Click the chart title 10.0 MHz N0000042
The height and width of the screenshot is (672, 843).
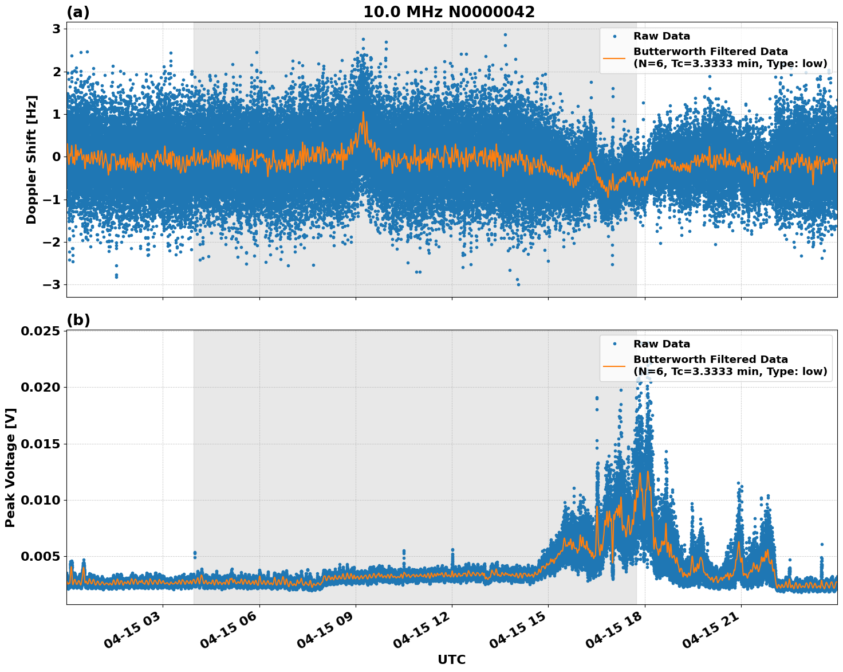[449, 12]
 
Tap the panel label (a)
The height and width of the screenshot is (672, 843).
[78, 12]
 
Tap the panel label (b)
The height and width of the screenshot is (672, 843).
[78, 320]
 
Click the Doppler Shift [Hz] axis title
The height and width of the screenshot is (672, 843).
[31, 159]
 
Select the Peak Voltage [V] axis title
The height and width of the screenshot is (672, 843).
[10, 467]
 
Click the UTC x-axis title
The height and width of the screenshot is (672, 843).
[451, 659]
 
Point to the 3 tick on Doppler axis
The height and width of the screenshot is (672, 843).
[56, 29]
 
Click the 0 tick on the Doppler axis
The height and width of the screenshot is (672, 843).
[56, 157]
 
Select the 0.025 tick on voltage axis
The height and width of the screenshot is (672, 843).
[41, 331]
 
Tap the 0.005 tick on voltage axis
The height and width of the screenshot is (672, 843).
[41, 557]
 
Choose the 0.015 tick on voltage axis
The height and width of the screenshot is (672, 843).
[41, 444]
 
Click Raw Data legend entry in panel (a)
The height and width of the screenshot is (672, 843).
[661, 37]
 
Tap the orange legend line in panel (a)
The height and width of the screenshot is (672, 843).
[614, 57]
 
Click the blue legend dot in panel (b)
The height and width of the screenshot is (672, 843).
[614, 344]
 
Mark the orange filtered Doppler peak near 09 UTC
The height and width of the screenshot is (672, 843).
[363, 113]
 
